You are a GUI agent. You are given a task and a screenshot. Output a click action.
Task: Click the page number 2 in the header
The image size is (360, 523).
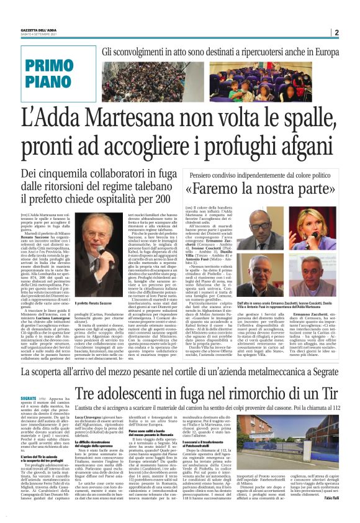coord(336,33)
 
